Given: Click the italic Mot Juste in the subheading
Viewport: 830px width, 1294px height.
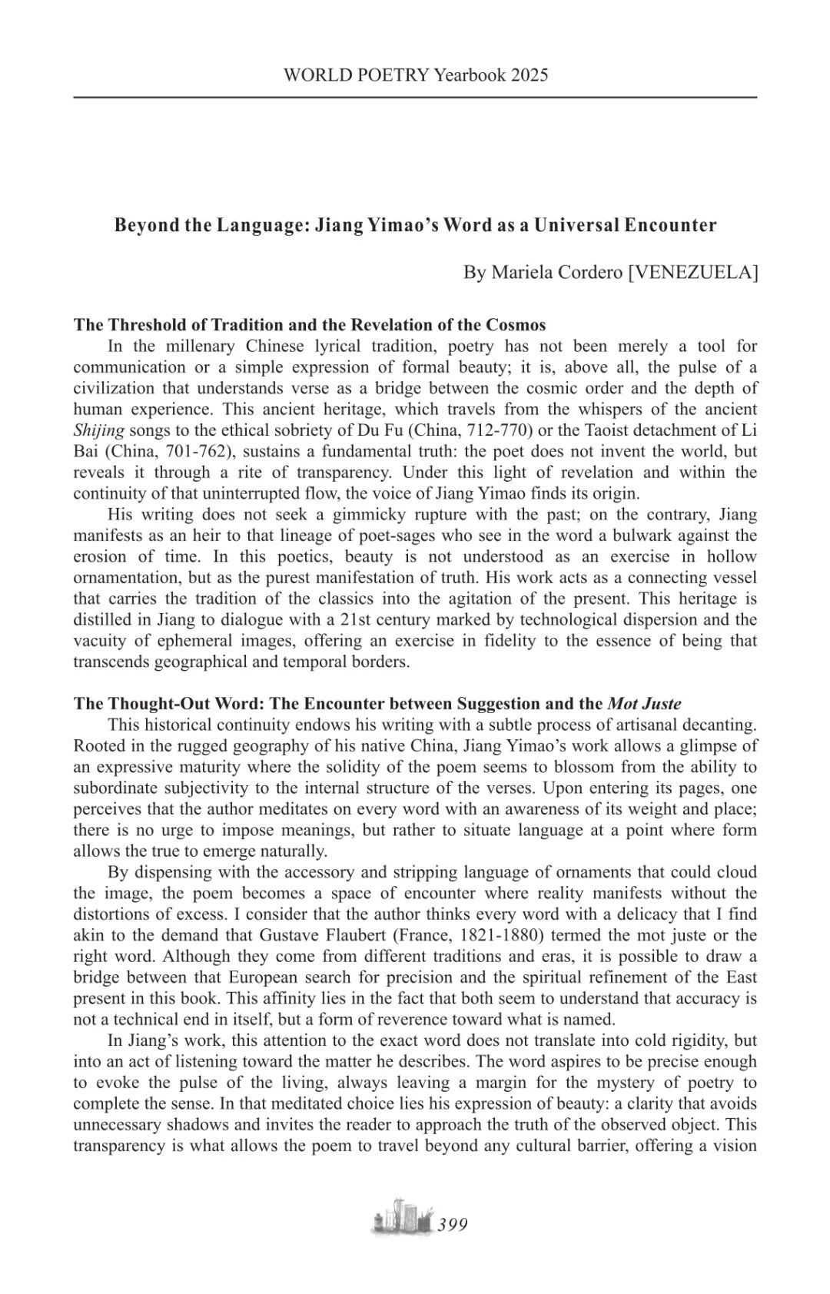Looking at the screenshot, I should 644,703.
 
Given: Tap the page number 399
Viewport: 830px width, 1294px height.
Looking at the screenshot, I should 453,1225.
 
